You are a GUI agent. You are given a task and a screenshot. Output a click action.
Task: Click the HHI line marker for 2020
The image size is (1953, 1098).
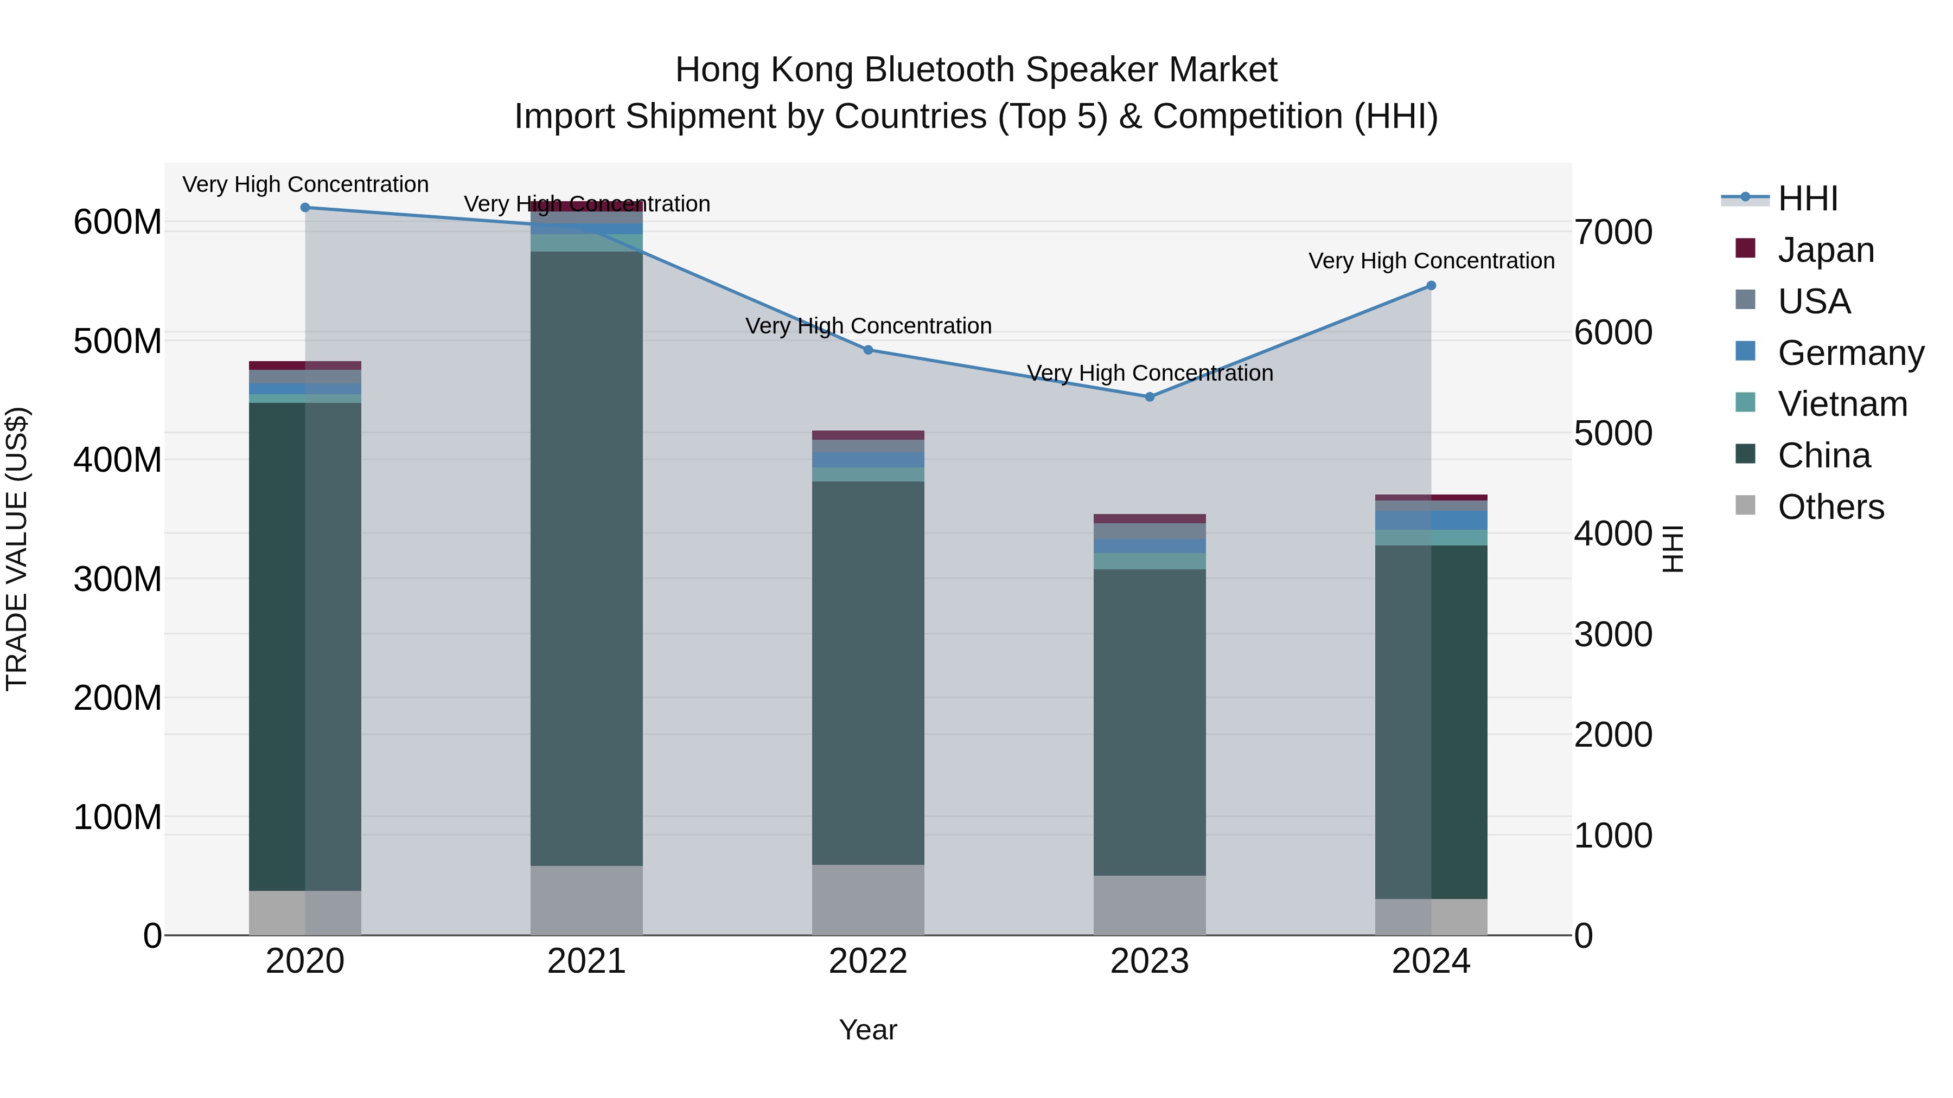coord(305,208)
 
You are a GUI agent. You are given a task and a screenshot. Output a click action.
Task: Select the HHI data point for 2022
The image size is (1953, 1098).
coord(868,350)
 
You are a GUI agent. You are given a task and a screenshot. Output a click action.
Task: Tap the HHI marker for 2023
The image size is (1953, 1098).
coord(1150,397)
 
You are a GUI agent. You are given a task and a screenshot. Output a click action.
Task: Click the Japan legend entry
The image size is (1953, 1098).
coord(1826,250)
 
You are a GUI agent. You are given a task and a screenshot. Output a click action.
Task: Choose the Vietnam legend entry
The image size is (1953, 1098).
coord(1842,404)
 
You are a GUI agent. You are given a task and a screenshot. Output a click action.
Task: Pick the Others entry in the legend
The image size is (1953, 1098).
coord(1830,507)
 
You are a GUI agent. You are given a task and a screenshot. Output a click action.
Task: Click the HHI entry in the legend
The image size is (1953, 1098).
coord(1808,198)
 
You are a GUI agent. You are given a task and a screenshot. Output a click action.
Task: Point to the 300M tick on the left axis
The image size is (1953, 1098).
coord(118,579)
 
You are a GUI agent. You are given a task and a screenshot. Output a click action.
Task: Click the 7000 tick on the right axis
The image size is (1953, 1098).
coord(1613,232)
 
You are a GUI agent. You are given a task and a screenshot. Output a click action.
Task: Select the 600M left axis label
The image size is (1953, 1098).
coord(118,223)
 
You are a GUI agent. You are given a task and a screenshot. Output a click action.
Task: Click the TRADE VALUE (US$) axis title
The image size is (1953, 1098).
coord(17,549)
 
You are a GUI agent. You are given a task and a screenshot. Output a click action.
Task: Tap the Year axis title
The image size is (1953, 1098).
coord(868,1030)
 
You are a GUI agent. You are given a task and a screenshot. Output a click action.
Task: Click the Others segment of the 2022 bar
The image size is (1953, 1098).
coord(868,900)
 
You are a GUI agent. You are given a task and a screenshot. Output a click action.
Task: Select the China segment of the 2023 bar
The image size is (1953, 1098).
coord(1150,722)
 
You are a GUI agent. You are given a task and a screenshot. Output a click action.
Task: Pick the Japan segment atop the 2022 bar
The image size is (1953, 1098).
coord(868,435)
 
